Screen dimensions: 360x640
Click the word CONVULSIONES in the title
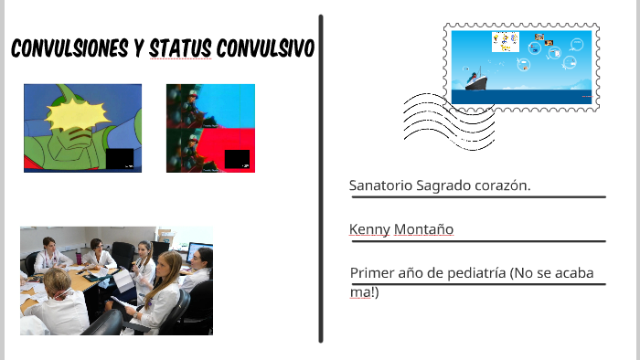65,48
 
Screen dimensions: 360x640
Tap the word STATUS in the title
178,48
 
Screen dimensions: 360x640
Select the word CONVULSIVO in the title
264,48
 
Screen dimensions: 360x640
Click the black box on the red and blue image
237,158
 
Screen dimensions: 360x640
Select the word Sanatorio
379,185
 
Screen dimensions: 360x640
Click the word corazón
503,185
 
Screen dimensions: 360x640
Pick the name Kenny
369,229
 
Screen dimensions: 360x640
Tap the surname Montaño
423,229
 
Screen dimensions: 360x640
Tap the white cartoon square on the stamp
504,42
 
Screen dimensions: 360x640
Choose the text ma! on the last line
363,291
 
